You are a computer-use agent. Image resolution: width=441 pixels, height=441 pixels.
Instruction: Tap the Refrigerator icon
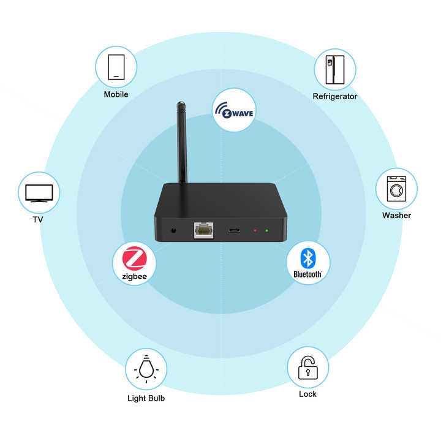pos(334,69)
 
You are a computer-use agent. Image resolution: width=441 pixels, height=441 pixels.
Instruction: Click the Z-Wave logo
pos(234,111)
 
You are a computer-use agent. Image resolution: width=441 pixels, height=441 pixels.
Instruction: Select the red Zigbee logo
pos(134,262)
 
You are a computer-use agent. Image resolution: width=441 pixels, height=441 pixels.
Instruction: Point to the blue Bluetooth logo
pos(307,262)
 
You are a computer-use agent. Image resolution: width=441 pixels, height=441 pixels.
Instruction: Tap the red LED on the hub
pos(255,230)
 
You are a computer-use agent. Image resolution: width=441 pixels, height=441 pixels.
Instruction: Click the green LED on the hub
pos(267,230)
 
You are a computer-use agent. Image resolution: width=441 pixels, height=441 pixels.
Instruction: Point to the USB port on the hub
pos(233,230)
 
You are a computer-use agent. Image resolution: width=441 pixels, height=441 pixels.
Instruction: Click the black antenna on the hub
pos(182,141)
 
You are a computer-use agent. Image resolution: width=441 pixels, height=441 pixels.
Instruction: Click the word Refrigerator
pos(334,96)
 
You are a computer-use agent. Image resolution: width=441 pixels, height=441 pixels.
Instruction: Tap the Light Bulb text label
pos(146,398)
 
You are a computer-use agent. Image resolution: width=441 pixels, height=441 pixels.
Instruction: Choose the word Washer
pos(396,215)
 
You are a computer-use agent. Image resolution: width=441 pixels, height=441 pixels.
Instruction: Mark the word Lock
pos(307,394)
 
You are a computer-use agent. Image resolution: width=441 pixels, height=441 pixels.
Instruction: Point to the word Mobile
pos(116,94)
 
